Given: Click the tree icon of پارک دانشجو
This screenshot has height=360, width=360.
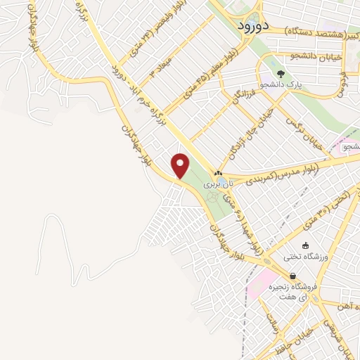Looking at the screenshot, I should point(281,73).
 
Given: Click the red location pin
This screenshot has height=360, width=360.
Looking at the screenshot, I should point(181,165).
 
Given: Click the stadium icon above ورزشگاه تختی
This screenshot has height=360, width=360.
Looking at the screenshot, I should point(304,245).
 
